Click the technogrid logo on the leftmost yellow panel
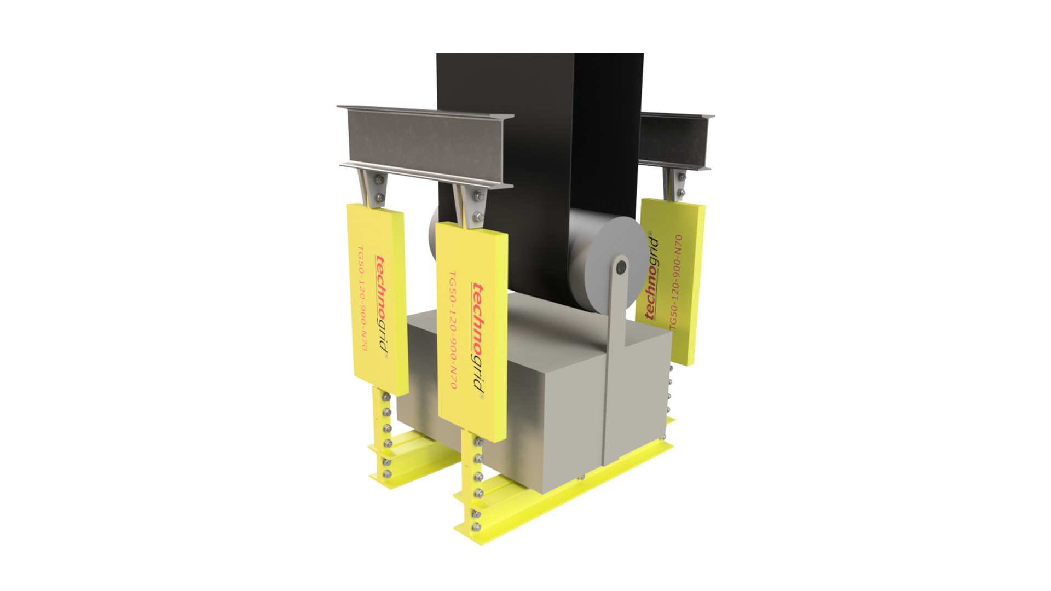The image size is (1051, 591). pyautogui.click(x=381, y=305)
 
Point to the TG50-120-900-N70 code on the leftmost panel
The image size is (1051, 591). pyautogui.click(x=362, y=298)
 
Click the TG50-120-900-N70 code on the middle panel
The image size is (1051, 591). pyautogui.click(x=453, y=330)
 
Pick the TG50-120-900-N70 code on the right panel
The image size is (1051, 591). pyautogui.click(x=675, y=282)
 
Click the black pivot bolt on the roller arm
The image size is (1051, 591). pyautogui.click(x=621, y=268)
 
